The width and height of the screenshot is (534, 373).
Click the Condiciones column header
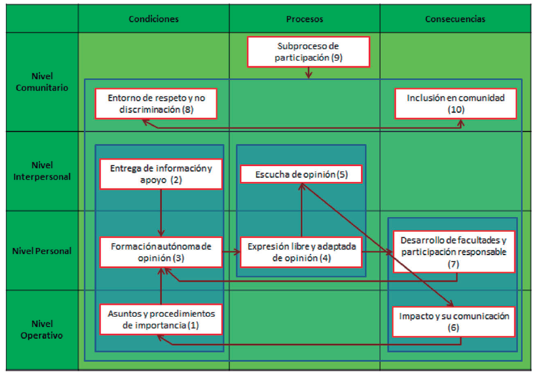tap(154, 19)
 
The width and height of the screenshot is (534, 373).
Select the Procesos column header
tap(305, 19)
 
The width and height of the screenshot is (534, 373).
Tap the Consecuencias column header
tap(455, 19)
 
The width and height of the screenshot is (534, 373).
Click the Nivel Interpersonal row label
tap(42, 171)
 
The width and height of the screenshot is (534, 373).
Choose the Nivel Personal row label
tap(42, 250)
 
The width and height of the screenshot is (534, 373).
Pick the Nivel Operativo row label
tap(42, 330)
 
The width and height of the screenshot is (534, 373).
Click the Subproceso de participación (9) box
tap(308, 52)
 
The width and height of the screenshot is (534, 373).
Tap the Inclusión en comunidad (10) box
tap(456, 103)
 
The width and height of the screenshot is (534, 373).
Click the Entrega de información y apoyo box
tap(161, 174)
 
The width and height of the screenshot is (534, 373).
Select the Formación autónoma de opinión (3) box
tap(161, 252)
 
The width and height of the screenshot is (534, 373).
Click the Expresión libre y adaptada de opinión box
tap(302, 252)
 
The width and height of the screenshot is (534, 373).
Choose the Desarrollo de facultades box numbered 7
tap(453, 251)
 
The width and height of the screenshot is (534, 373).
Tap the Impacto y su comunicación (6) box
tap(454, 321)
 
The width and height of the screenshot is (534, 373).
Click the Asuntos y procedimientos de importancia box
tap(161, 319)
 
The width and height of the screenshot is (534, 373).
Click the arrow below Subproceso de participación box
tap(308, 72)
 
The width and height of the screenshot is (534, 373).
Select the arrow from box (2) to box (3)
tap(161, 212)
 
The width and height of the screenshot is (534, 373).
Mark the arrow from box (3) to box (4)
tap(231, 251)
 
